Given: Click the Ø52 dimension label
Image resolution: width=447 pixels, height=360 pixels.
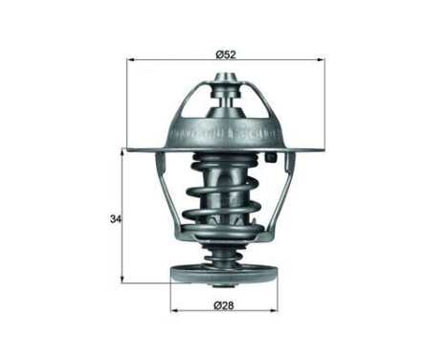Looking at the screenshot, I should (224, 54).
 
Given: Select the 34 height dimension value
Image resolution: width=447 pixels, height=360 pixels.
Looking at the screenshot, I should (115, 219).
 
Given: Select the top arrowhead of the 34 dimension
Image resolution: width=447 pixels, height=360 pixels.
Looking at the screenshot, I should (123, 152).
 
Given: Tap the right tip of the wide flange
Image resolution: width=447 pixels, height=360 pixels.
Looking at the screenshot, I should (324, 148).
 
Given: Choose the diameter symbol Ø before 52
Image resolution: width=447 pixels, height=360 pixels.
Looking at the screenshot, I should (217, 54).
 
